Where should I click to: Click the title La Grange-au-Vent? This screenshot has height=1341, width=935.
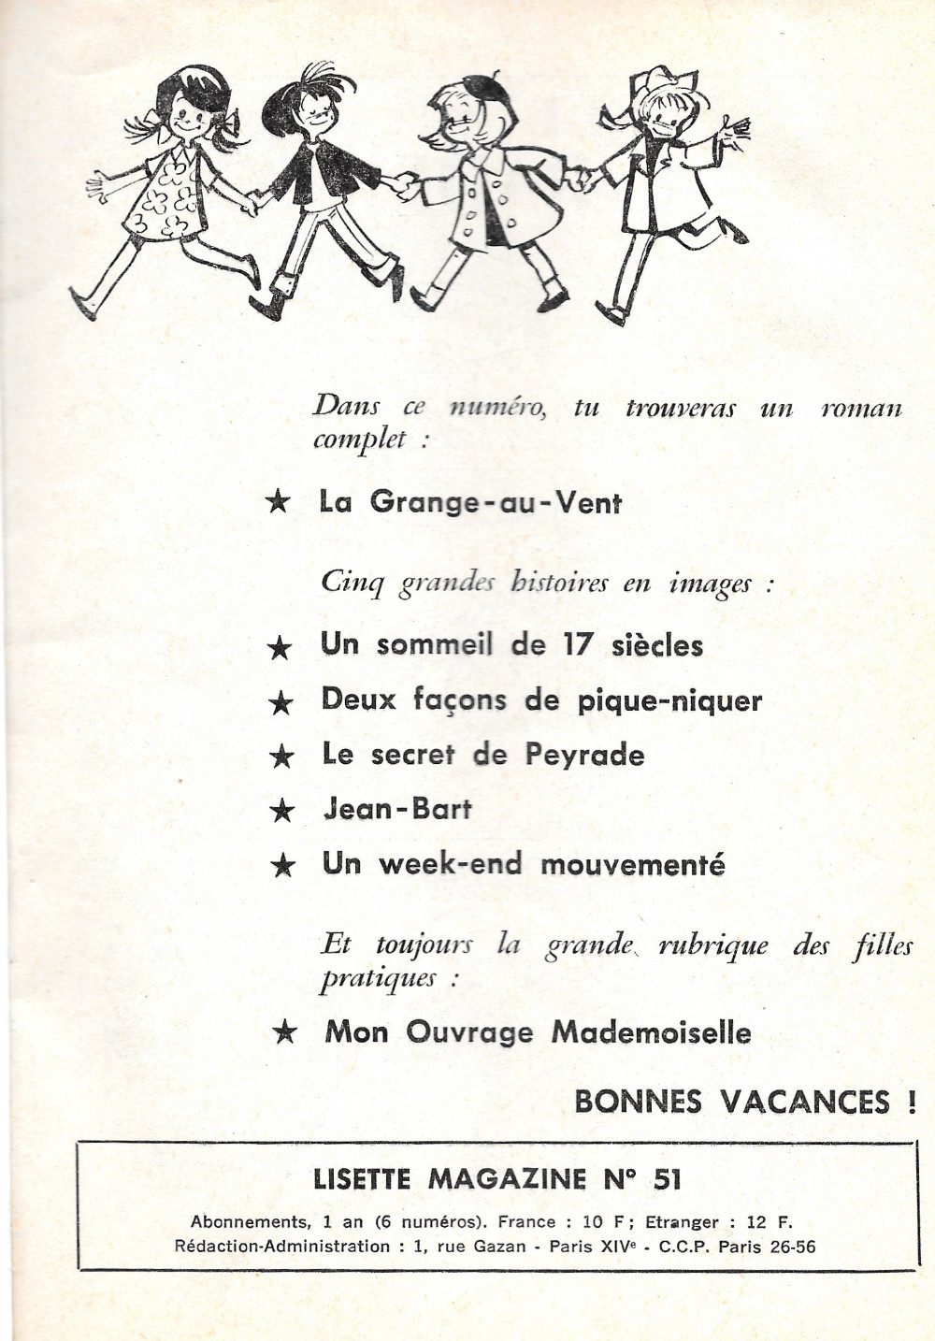point(470,502)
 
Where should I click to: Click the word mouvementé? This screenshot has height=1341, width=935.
point(633,864)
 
